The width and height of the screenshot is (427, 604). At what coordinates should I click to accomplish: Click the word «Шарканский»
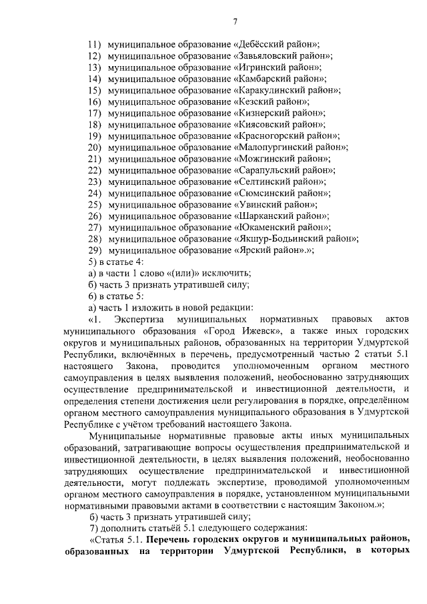(x=264, y=216)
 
